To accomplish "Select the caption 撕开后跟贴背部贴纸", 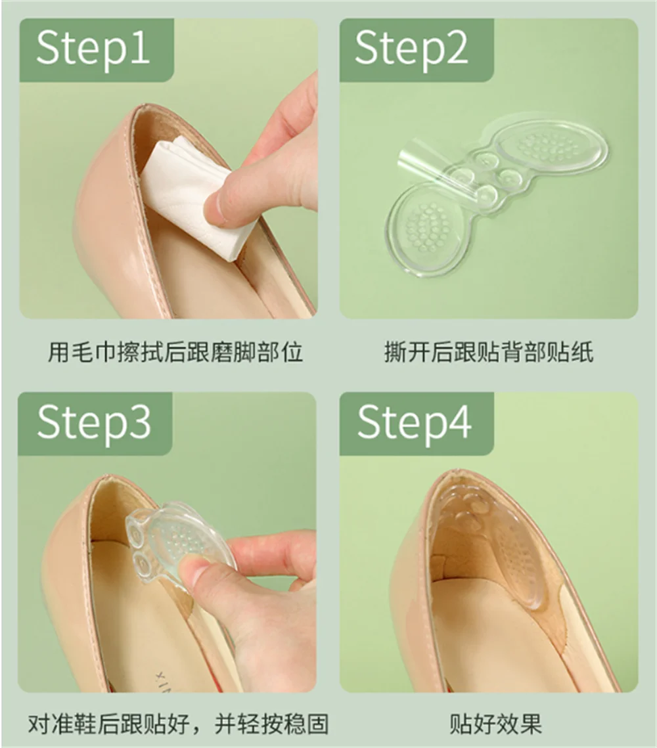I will pos(488,353).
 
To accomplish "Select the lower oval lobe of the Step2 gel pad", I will pos(426,227).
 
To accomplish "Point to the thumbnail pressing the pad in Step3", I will pos(194,571).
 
